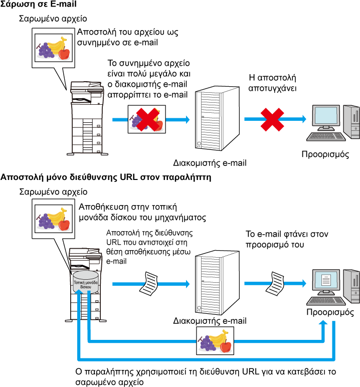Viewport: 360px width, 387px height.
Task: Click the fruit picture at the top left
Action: click(53, 48)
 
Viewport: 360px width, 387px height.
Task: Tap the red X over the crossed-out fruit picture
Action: click(147, 119)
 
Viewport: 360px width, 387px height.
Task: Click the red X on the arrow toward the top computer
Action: click(272, 120)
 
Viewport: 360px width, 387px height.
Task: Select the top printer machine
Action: click(87, 118)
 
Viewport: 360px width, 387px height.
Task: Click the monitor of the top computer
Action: click(326, 116)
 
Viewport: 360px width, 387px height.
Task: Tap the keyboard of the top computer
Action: click(326, 136)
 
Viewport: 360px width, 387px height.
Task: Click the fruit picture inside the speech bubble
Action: click(53, 219)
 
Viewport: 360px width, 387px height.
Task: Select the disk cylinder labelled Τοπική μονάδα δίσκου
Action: click(86, 282)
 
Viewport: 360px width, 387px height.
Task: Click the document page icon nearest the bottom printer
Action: click(149, 284)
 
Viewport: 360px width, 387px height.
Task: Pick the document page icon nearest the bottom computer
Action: click(275, 284)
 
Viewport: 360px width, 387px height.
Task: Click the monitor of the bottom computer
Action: click(326, 280)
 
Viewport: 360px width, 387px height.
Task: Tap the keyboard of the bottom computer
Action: click(326, 301)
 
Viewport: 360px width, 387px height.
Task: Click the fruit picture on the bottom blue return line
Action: click(215, 341)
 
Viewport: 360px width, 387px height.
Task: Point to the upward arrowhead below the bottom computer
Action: click(323, 322)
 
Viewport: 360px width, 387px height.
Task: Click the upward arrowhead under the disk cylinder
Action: click(79, 292)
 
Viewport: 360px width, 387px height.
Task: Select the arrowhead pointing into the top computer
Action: click(304, 119)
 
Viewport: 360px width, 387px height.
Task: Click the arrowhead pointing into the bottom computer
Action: click(304, 284)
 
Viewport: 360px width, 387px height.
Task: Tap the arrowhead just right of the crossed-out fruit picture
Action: click(188, 119)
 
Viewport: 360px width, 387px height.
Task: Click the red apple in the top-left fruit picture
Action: click(64, 54)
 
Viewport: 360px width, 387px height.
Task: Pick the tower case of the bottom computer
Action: click(352, 286)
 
